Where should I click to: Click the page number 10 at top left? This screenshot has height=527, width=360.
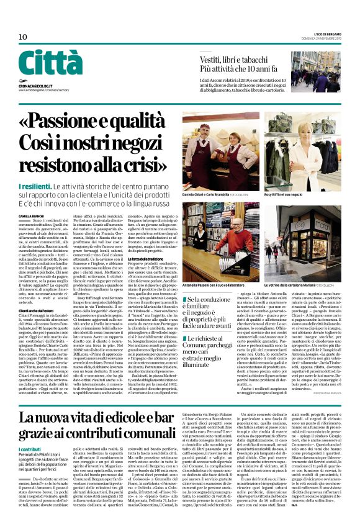(23, 37)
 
